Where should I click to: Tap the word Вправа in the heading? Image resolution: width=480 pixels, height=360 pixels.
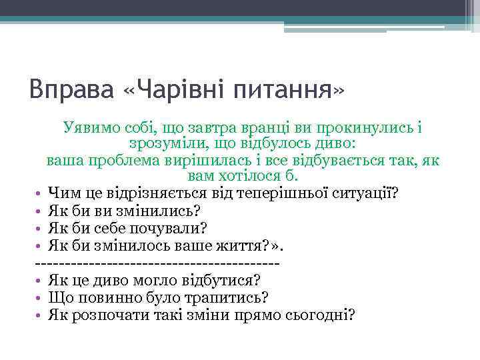(x=71, y=89)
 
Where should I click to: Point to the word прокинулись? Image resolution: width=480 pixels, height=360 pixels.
(x=366, y=126)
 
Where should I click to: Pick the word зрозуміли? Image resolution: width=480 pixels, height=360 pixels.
(x=165, y=143)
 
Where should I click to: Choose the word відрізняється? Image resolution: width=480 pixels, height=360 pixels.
(x=156, y=194)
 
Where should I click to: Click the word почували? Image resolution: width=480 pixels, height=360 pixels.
(x=176, y=229)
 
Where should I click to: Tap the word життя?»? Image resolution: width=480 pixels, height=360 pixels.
(x=253, y=246)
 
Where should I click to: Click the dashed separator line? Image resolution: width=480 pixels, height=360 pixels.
(x=156, y=263)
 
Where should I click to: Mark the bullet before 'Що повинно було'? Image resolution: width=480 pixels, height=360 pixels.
(x=41, y=298)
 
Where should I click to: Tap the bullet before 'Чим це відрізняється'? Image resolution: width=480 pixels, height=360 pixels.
(x=41, y=194)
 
